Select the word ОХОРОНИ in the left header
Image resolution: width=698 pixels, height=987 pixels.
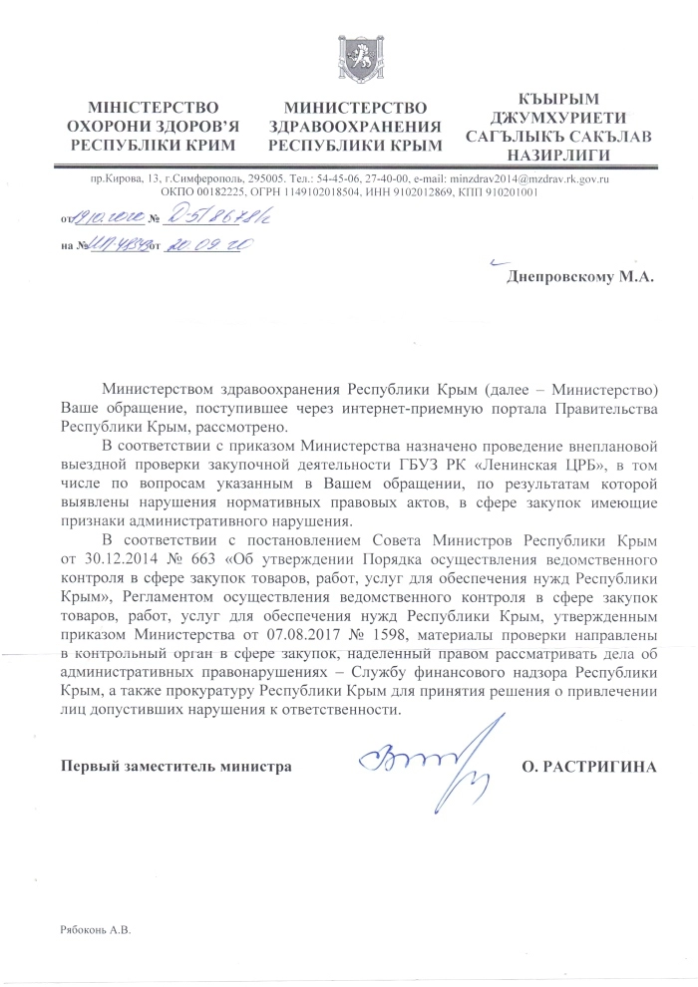click(x=109, y=126)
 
